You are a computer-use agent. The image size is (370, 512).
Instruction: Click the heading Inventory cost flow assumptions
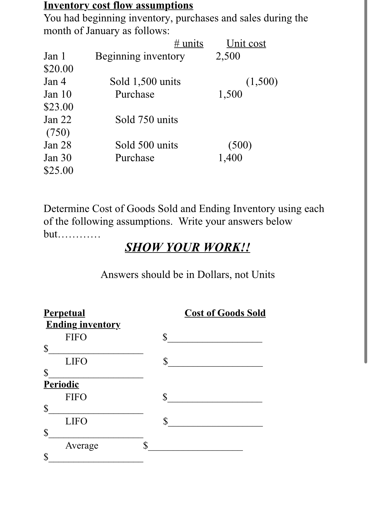[118, 5]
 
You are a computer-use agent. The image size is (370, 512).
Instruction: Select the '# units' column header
[189, 43]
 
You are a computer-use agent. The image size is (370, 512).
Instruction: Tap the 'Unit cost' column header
[246, 43]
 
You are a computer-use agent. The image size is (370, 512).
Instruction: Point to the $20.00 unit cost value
[58, 68]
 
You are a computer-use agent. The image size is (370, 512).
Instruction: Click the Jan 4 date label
[55, 82]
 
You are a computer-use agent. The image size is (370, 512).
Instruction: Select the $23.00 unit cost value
[58, 107]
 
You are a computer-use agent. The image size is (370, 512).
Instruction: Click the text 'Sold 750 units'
[147, 120]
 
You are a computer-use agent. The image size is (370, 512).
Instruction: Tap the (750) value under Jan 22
[58, 132]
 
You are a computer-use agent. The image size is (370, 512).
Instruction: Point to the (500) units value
[240, 145]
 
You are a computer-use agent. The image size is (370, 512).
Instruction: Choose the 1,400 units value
[230, 158]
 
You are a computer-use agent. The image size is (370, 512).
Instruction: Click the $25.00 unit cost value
[58, 171]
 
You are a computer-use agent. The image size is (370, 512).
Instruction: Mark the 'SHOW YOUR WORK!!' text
[187, 247]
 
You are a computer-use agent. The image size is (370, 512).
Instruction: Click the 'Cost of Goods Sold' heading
[225, 313]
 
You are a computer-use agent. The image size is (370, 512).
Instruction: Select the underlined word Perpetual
[64, 313]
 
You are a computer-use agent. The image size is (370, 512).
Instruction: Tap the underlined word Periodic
[61, 384]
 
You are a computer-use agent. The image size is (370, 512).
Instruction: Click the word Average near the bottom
[82, 445]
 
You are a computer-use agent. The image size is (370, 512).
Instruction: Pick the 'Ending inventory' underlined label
[83, 324]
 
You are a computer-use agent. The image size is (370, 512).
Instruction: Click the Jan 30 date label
[57, 158]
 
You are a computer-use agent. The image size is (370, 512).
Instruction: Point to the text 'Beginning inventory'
[140, 56]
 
